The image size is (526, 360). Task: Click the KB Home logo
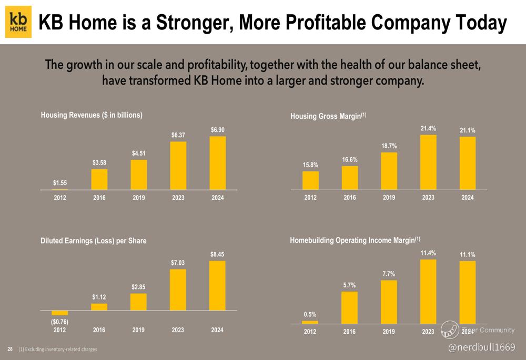[x=18, y=22]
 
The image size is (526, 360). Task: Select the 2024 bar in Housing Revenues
[x=218, y=163]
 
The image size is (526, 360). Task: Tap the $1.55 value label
[x=60, y=183]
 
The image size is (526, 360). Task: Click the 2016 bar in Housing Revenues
[x=99, y=179]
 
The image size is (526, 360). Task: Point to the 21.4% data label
[x=428, y=128]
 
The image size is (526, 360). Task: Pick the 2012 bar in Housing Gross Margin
[x=310, y=181]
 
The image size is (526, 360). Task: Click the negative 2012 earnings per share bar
[x=60, y=313]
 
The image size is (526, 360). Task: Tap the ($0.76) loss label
[x=60, y=322]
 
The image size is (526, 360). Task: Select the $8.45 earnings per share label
[x=217, y=254]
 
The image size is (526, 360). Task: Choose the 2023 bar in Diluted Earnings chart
[x=178, y=290]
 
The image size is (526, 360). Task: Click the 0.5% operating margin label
[x=310, y=314]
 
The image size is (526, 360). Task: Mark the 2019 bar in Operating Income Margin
[x=389, y=302]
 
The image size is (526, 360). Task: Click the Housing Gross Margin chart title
[x=328, y=116]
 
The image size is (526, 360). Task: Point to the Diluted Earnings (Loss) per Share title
[x=93, y=241]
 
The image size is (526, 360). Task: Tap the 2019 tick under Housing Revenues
[x=138, y=198]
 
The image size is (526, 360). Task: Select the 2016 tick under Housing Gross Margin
[x=350, y=198]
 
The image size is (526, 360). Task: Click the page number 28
[x=10, y=349]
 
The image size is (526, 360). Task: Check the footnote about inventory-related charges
[x=58, y=349]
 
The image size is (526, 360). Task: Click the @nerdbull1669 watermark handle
[x=481, y=347]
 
